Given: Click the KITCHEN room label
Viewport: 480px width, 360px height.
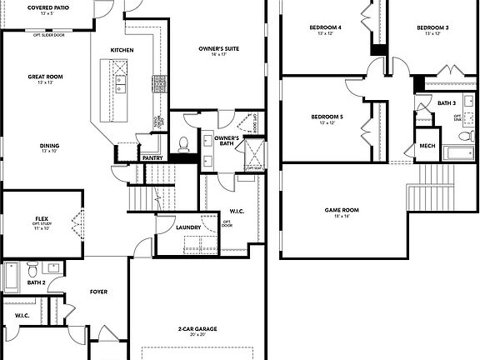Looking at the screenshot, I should click(x=122, y=50).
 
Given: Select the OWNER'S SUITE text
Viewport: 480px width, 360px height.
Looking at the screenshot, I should click(x=219, y=49).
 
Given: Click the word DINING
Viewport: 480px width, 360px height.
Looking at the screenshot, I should click(x=49, y=146).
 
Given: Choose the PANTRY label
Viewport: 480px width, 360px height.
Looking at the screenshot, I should click(x=152, y=157).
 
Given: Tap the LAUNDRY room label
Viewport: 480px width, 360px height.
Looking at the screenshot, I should click(x=188, y=227).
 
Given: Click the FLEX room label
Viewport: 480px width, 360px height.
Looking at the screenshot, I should click(x=42, y=218).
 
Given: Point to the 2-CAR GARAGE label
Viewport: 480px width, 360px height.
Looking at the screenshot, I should click(x=197, y=329).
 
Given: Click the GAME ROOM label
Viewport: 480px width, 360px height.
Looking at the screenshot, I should click(x=342, y=210).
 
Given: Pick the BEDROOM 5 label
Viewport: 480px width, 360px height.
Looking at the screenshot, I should click(x=327, y=117).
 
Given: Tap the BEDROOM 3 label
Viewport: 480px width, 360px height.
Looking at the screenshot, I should click(x=432, y=27).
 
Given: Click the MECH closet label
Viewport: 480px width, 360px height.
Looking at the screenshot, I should click(x=427, y=146).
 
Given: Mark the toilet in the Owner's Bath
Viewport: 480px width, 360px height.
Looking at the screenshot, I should click(x=184, y=144).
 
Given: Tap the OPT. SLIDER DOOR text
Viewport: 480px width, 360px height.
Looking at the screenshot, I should click(x=49, y=35).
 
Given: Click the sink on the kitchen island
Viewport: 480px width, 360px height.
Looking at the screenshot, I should click(x=121, y=82).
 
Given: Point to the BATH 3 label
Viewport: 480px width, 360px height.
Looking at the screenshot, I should click(x=447, y=102).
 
